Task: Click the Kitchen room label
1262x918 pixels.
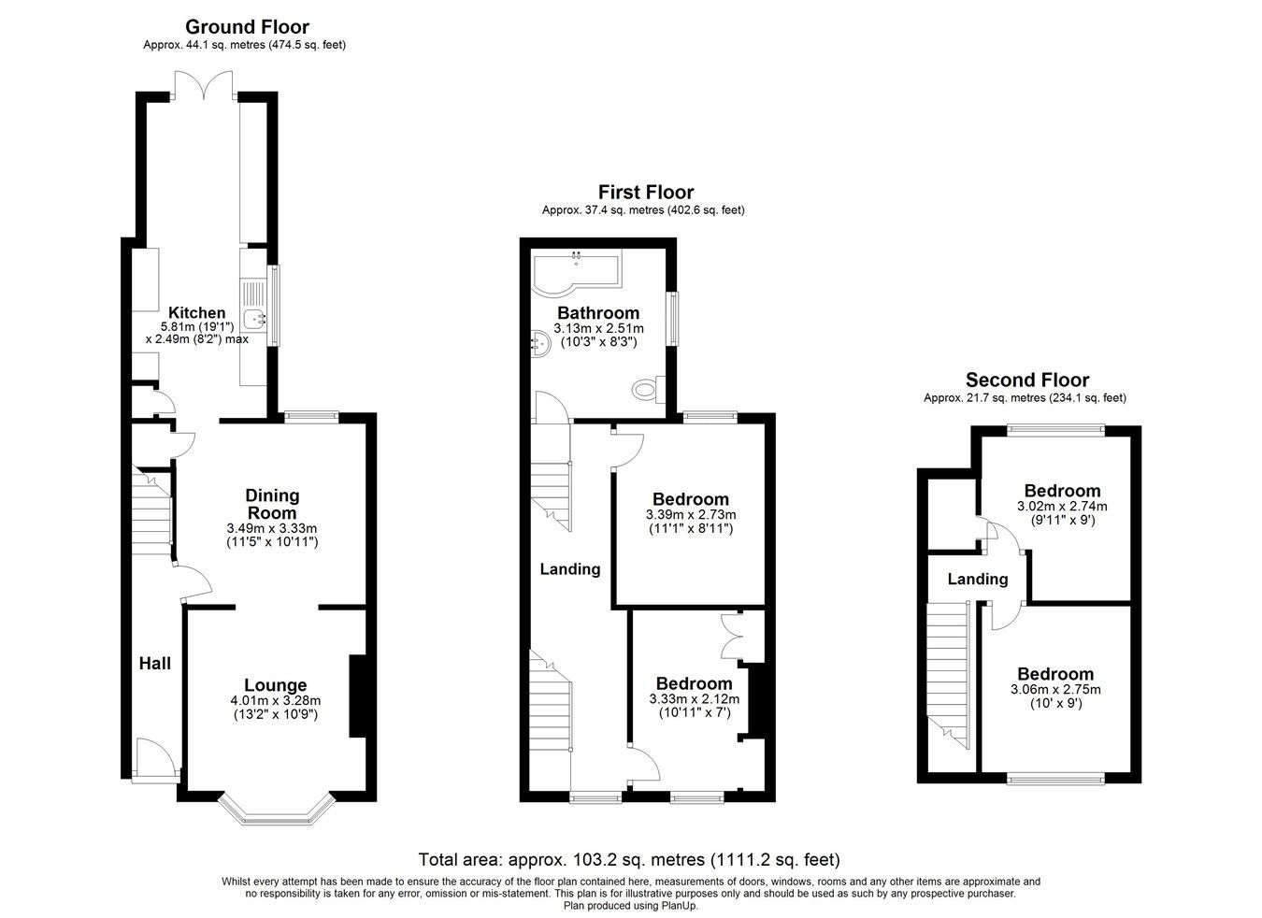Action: pos(196,312)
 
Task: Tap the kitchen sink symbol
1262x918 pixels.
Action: pos(254,319)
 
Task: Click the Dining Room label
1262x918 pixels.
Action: pos(271,504)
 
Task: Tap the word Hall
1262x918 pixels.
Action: pos(155,663)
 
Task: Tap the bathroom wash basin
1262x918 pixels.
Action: pos(539,343)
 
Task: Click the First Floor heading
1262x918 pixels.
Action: pos(646,193)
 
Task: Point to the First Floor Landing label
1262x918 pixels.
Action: pos(570,568)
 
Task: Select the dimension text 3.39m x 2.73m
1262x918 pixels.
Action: pos(690,514)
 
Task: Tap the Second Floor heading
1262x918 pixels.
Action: pos(1026,380)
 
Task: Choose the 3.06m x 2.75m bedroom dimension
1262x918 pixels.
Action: pos(1055,690)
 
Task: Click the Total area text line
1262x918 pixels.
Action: pos(629,859)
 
